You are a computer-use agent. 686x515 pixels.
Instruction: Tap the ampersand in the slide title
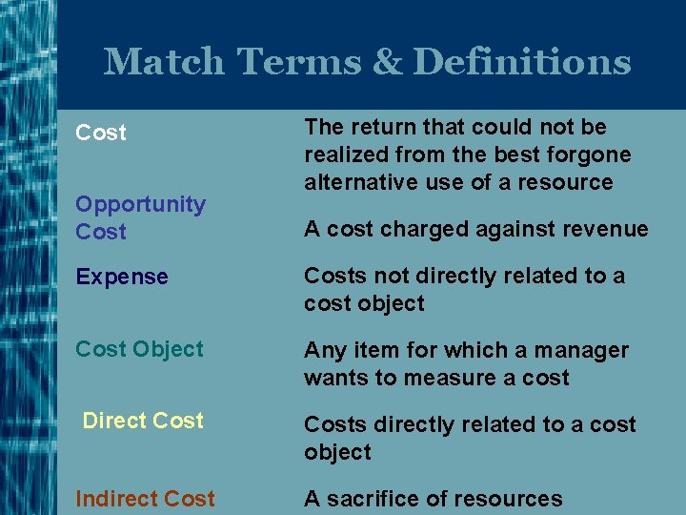[385, 62]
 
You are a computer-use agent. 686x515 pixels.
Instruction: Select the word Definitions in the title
[522, 62]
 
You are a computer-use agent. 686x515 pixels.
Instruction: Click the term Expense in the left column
[122, 278]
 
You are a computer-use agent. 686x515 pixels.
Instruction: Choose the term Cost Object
[139, 349]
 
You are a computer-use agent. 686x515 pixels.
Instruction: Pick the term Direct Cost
[143, 421]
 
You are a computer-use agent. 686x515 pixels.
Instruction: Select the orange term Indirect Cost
[145, 498]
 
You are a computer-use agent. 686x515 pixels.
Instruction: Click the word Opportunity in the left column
[140, 204]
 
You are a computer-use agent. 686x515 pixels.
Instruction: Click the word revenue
[605, 229]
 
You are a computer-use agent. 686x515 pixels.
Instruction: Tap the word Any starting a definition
[322, 351]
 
